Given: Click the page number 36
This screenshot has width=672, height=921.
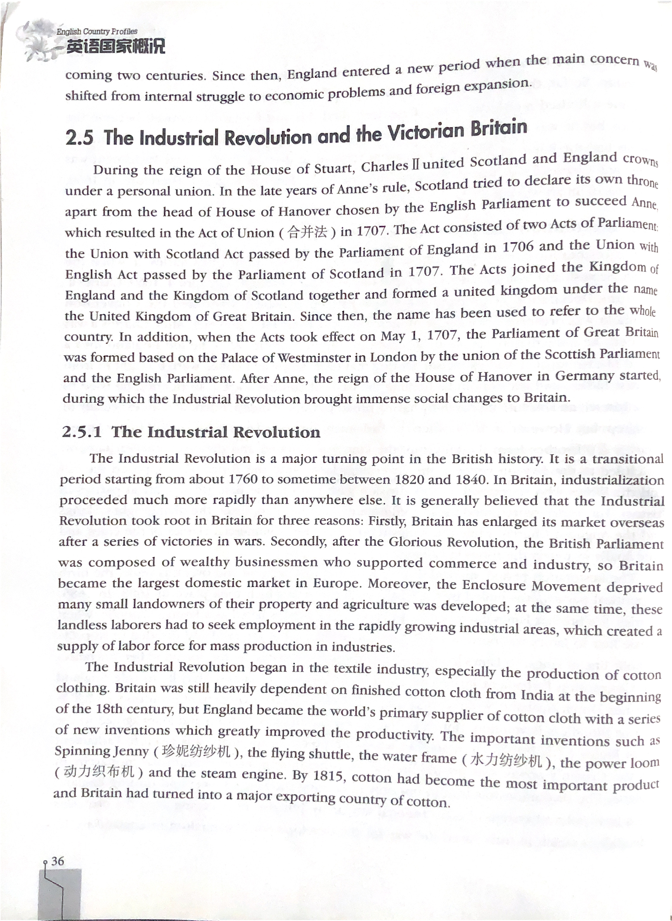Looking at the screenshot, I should [58, 861].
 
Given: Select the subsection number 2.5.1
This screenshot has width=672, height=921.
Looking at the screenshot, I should [81, 432].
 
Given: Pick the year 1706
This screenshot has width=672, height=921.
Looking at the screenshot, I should [518, 247].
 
